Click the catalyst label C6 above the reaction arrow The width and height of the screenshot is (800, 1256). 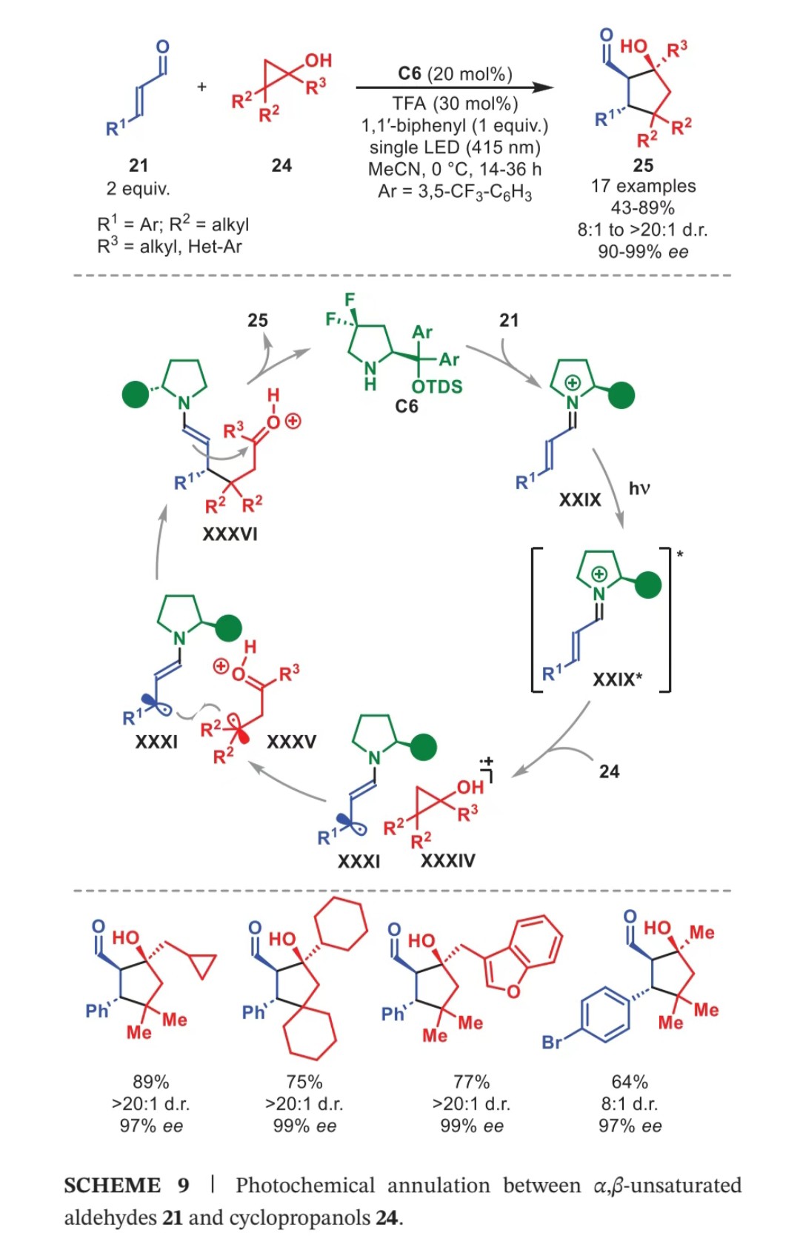409,73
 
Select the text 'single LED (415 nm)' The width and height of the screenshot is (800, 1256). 455,147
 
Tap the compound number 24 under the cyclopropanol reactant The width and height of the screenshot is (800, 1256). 281,165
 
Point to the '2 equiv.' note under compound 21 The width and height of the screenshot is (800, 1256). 138,188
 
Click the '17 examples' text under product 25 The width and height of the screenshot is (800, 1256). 643,185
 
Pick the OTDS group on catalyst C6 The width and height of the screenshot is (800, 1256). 437,386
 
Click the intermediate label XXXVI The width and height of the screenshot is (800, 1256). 230,534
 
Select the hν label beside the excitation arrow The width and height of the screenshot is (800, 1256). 639,488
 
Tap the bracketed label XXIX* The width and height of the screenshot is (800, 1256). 618,679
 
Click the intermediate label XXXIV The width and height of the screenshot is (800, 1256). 448,861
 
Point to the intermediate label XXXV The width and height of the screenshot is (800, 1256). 292,742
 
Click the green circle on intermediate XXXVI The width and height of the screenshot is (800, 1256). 136,394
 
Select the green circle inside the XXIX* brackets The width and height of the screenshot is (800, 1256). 648,585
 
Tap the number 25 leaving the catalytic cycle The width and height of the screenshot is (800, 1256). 258,320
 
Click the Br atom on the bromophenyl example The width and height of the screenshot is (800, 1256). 552,1043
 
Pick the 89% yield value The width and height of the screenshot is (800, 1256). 151,1082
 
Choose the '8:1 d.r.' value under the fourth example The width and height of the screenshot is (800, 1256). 630,1103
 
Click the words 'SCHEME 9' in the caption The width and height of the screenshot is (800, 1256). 127,1186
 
